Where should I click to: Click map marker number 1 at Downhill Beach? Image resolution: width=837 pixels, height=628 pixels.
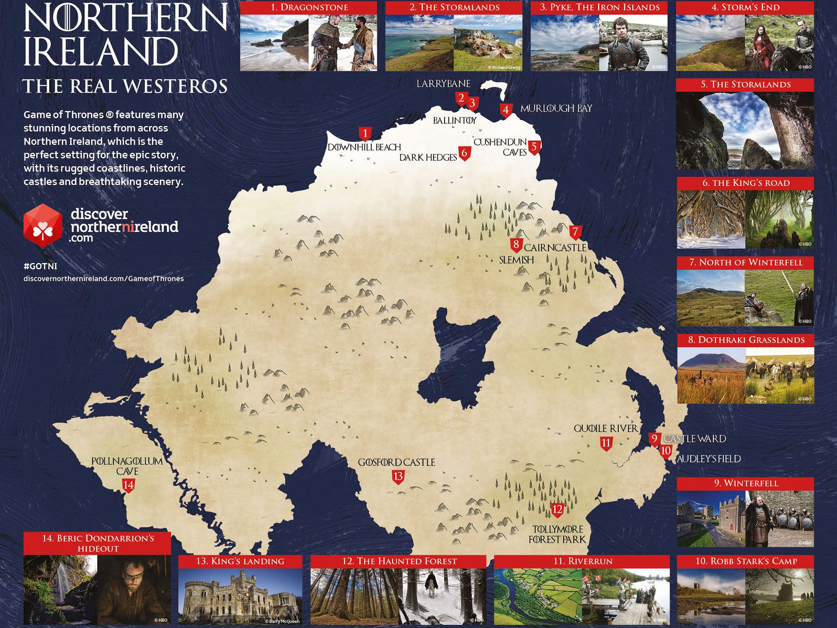click(x=365, y=133)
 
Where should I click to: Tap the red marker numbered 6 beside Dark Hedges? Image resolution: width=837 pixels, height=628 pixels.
click(x=464, y=153)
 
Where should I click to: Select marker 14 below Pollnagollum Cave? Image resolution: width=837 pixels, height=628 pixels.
click(x=128, y=485)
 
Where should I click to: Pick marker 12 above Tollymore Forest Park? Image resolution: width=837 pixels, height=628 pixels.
click(x=557, y=509)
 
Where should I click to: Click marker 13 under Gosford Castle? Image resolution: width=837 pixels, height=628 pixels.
click(x=398, y=476)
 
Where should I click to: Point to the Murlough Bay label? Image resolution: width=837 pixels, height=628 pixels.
click(x=555, y=108)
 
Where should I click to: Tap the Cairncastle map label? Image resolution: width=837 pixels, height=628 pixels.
click(x=555, y=247)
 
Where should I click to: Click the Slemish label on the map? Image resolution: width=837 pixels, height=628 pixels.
click(x=516, y=260)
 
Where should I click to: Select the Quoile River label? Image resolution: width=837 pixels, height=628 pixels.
click(x=605, y=428)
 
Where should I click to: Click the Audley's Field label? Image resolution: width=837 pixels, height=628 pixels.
click(x=709, y=459)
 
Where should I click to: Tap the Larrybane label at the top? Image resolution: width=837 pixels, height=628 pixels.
click(x=443, y=84)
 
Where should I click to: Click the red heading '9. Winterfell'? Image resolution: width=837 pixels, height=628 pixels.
click(x=745, y=483)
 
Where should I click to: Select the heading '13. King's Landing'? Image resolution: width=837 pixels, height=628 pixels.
click(x=240, y=561)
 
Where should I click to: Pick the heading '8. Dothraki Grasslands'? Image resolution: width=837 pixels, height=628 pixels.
click(x=745, y=340)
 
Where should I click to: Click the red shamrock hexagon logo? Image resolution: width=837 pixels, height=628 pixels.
click(x=43, y=226)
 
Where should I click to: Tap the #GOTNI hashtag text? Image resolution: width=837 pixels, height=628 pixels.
click(x=40, y=266)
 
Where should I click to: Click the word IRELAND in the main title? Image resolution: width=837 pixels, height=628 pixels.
click(x=101, y=51)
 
